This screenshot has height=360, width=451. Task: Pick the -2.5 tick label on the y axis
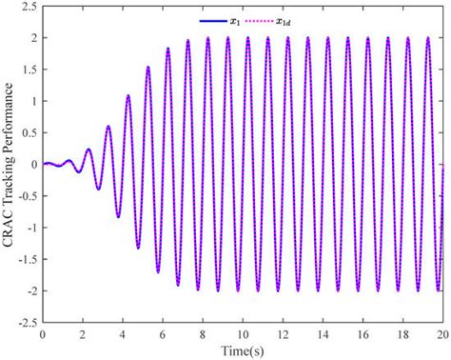(26, 322)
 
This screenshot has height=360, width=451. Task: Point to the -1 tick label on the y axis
(29, 228)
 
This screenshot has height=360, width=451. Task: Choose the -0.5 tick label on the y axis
(26, 196)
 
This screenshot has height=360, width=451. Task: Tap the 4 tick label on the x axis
(123, 335)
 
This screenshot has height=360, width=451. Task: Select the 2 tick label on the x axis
(83, 335)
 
